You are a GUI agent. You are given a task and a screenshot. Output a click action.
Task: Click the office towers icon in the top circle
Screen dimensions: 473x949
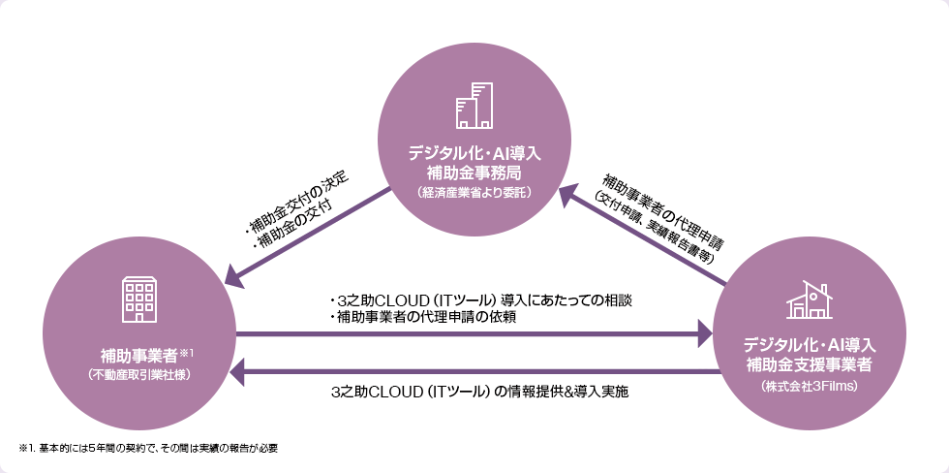coord(474,107)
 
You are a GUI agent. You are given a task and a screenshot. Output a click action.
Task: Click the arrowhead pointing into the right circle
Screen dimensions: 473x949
coord(703,335)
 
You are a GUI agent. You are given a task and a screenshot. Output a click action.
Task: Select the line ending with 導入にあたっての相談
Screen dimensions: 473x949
coord(480,300)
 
